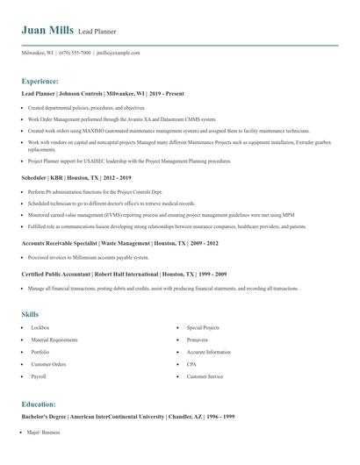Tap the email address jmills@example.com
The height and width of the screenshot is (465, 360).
(x=118, y=53)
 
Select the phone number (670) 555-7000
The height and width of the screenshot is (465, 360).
(x=75, y=53)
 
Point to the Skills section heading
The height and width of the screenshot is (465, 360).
(x=30, y=312)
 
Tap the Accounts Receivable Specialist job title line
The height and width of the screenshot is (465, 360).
(x=119, y=242)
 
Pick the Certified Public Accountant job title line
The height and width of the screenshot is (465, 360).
(x=128, y=275)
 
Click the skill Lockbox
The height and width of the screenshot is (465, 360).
(x=40, y=326)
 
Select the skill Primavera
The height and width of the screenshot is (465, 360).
(x=198, y=339)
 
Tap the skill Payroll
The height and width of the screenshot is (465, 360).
(x=39, y=376)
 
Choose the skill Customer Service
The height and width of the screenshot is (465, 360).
(x=204, y=376)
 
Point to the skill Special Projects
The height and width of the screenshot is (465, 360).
(x=203, y=326)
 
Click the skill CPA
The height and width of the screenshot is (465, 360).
(x=191, y=363)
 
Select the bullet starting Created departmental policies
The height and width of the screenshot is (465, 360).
(x=86, y=107)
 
